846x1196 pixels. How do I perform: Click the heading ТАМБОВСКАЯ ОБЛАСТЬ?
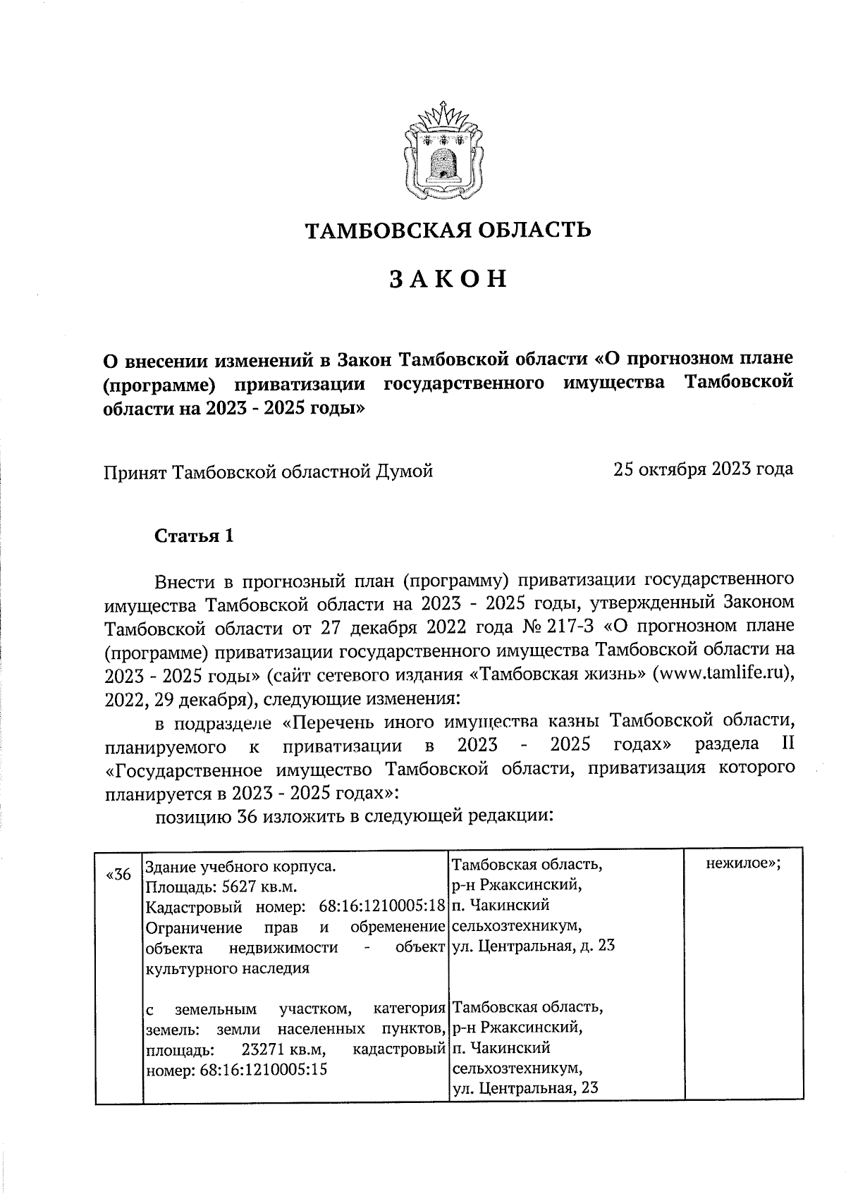tap(447, 230)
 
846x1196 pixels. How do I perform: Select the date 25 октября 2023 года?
tap(703, 469)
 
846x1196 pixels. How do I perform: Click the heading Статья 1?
tap(194, 536)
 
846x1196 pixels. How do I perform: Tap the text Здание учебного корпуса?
tap(240, 865)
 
